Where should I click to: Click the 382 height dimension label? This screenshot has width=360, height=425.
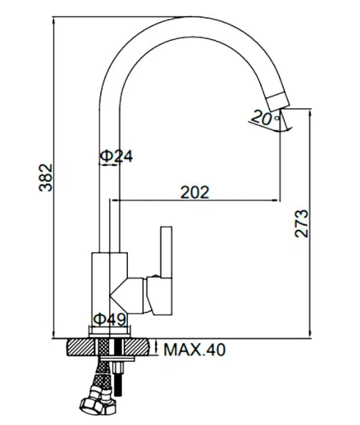tap(45, 178)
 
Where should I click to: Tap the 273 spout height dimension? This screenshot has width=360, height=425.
tap(302, 224)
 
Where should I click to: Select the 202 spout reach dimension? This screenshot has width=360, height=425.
tap(195, 192)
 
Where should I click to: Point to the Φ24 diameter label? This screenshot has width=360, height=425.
tap(116, 156)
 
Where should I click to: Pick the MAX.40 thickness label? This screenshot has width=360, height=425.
tap(195, 349)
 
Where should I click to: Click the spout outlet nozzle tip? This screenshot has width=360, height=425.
tap(278, 101)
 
